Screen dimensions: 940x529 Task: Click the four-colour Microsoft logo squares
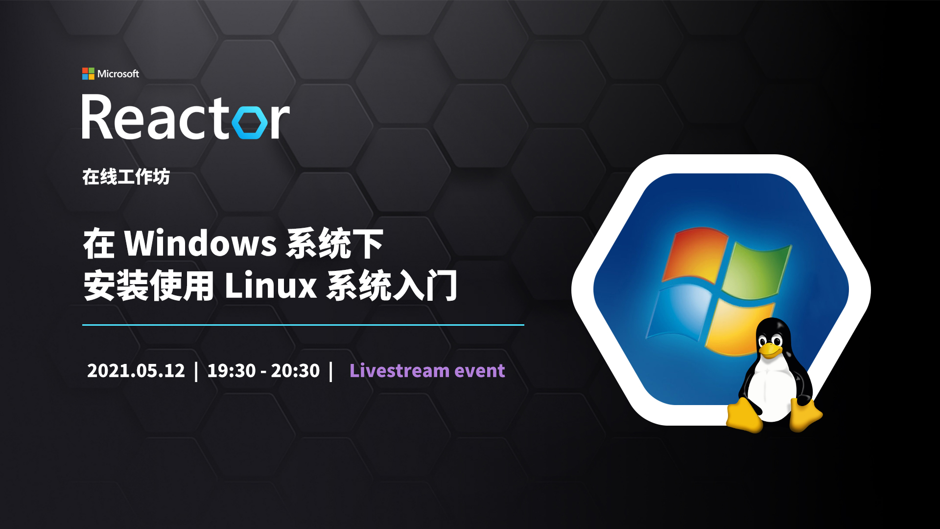point(88,73)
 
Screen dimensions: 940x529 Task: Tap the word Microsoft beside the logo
point(118,74)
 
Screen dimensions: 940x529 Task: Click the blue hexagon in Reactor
point(250,120)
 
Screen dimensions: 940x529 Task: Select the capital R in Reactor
point(99,117)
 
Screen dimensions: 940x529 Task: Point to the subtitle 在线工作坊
point(126,177)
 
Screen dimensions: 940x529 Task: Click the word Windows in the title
point(200,243)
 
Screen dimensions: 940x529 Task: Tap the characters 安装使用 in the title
point(149,285)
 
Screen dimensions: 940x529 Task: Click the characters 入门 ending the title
point(424,285)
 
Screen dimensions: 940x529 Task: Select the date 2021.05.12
point(136,371)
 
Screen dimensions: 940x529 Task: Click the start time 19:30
point(232,371)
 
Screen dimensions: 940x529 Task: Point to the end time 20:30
point(295,371)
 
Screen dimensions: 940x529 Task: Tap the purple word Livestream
point(399,370)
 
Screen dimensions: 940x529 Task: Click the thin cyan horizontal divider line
point(303,325)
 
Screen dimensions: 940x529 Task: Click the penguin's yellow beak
point(771,350)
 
